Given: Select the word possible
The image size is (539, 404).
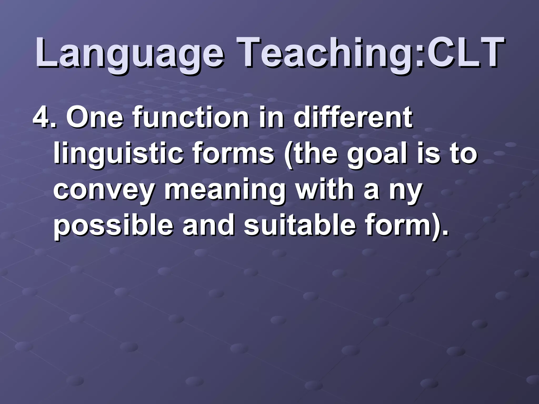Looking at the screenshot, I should pyautogui.click(x=113, y=226).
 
